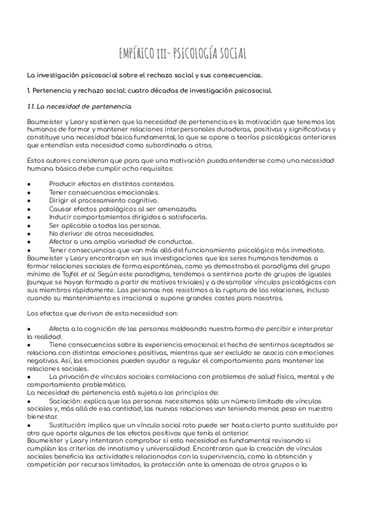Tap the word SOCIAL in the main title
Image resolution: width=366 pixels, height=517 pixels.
click(x=227, y=54)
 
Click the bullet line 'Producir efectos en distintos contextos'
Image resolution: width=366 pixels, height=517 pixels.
click(x=112, y=184)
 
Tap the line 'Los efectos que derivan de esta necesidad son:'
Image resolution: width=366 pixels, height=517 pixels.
click(x=102, y=314)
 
